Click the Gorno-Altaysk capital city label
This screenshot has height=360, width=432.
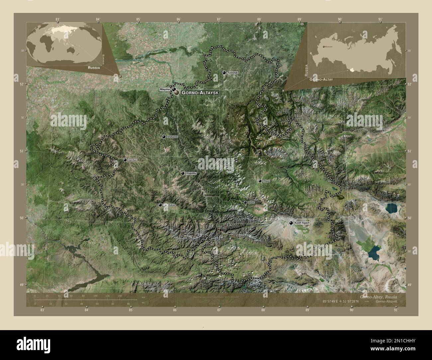click(x=200, y=93)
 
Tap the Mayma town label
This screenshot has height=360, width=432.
click(x=164, y=89)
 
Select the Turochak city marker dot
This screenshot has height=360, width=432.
click(x=224, y=72)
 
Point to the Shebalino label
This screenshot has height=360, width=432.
click(x=172, y=137)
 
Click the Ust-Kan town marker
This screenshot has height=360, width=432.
click(x=125, y=160)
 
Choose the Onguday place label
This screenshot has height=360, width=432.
click(x=191, y=173)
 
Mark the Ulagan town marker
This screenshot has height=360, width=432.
click(x=260, y=181)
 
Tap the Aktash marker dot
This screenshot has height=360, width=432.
click(x=245, y=202)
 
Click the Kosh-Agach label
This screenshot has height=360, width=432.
click(x=302, y=223)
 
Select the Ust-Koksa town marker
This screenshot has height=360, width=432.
click(x=160, y=205)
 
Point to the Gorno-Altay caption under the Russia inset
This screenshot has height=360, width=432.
click(x=321, y=80)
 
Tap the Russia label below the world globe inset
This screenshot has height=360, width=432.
click(x=92, y=67)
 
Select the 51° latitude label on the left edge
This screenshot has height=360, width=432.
click(x=22, y=151)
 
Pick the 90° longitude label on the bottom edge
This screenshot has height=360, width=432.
click(x=351, y=310)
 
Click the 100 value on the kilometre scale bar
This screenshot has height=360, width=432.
click(x=95, y=296)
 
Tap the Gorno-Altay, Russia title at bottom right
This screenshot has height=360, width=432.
click(x=378, y=296)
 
